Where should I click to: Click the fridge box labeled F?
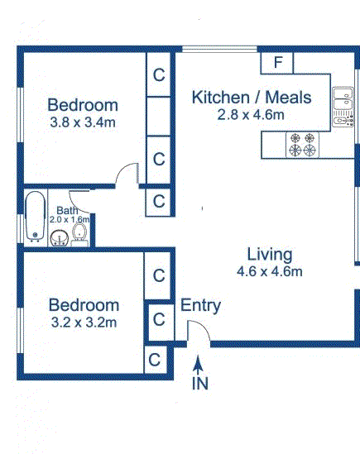[276, 63]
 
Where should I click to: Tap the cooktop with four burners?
[302, 145]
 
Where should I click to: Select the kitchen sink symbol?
[343, 107]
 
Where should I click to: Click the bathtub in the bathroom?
[36, 217]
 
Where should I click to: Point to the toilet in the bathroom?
[79, 235]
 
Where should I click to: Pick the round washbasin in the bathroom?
[60, 238]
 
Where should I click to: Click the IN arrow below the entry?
[198, 366]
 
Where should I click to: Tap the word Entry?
[200, 306]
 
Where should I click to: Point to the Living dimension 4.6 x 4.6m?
[270, 271]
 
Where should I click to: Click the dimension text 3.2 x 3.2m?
[84, 323]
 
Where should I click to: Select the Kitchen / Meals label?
[252, 98]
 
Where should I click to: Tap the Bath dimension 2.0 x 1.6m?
[70, 219]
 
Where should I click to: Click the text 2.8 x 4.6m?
[251, 115]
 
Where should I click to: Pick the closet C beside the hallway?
[159, 202]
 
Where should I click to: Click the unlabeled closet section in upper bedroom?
[158, 117]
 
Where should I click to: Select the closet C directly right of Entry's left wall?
[159, 321]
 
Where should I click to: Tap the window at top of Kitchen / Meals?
[219, 50]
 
